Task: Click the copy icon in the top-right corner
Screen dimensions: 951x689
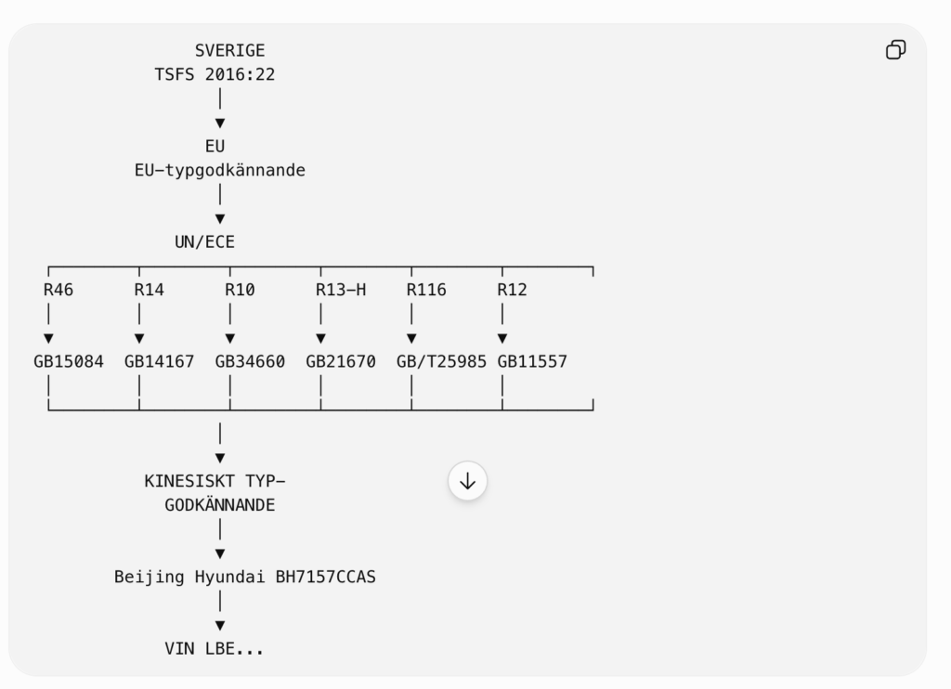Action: (896, 50)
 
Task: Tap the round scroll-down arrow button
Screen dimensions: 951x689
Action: (468, 482)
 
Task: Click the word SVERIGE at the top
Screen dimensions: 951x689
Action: (230, 50)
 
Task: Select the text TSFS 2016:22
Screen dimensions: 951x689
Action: (215, 74)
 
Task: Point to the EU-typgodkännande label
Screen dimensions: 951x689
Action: (219, 171)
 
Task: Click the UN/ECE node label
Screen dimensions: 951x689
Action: (204, 242)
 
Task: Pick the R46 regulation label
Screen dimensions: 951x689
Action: (59, 290)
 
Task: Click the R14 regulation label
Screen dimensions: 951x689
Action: (150, 290)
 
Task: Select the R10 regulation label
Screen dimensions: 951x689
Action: (241, 290)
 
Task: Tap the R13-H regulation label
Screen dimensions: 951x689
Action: (341, 290)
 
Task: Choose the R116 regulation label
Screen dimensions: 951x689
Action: (426, 290)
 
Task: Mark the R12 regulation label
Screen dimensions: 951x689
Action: (513, 290)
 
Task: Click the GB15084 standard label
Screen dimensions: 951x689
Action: (69, 362)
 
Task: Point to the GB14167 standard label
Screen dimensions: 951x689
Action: (160, 362)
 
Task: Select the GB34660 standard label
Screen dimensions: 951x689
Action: (250, 362)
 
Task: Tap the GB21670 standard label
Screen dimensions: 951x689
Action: (341, 362)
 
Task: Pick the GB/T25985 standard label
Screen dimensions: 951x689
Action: (441, 362)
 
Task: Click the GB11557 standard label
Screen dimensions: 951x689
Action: (532, 362)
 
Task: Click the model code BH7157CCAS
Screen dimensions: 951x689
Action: (326, 577)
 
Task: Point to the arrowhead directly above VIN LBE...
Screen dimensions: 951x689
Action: (220, 625)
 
